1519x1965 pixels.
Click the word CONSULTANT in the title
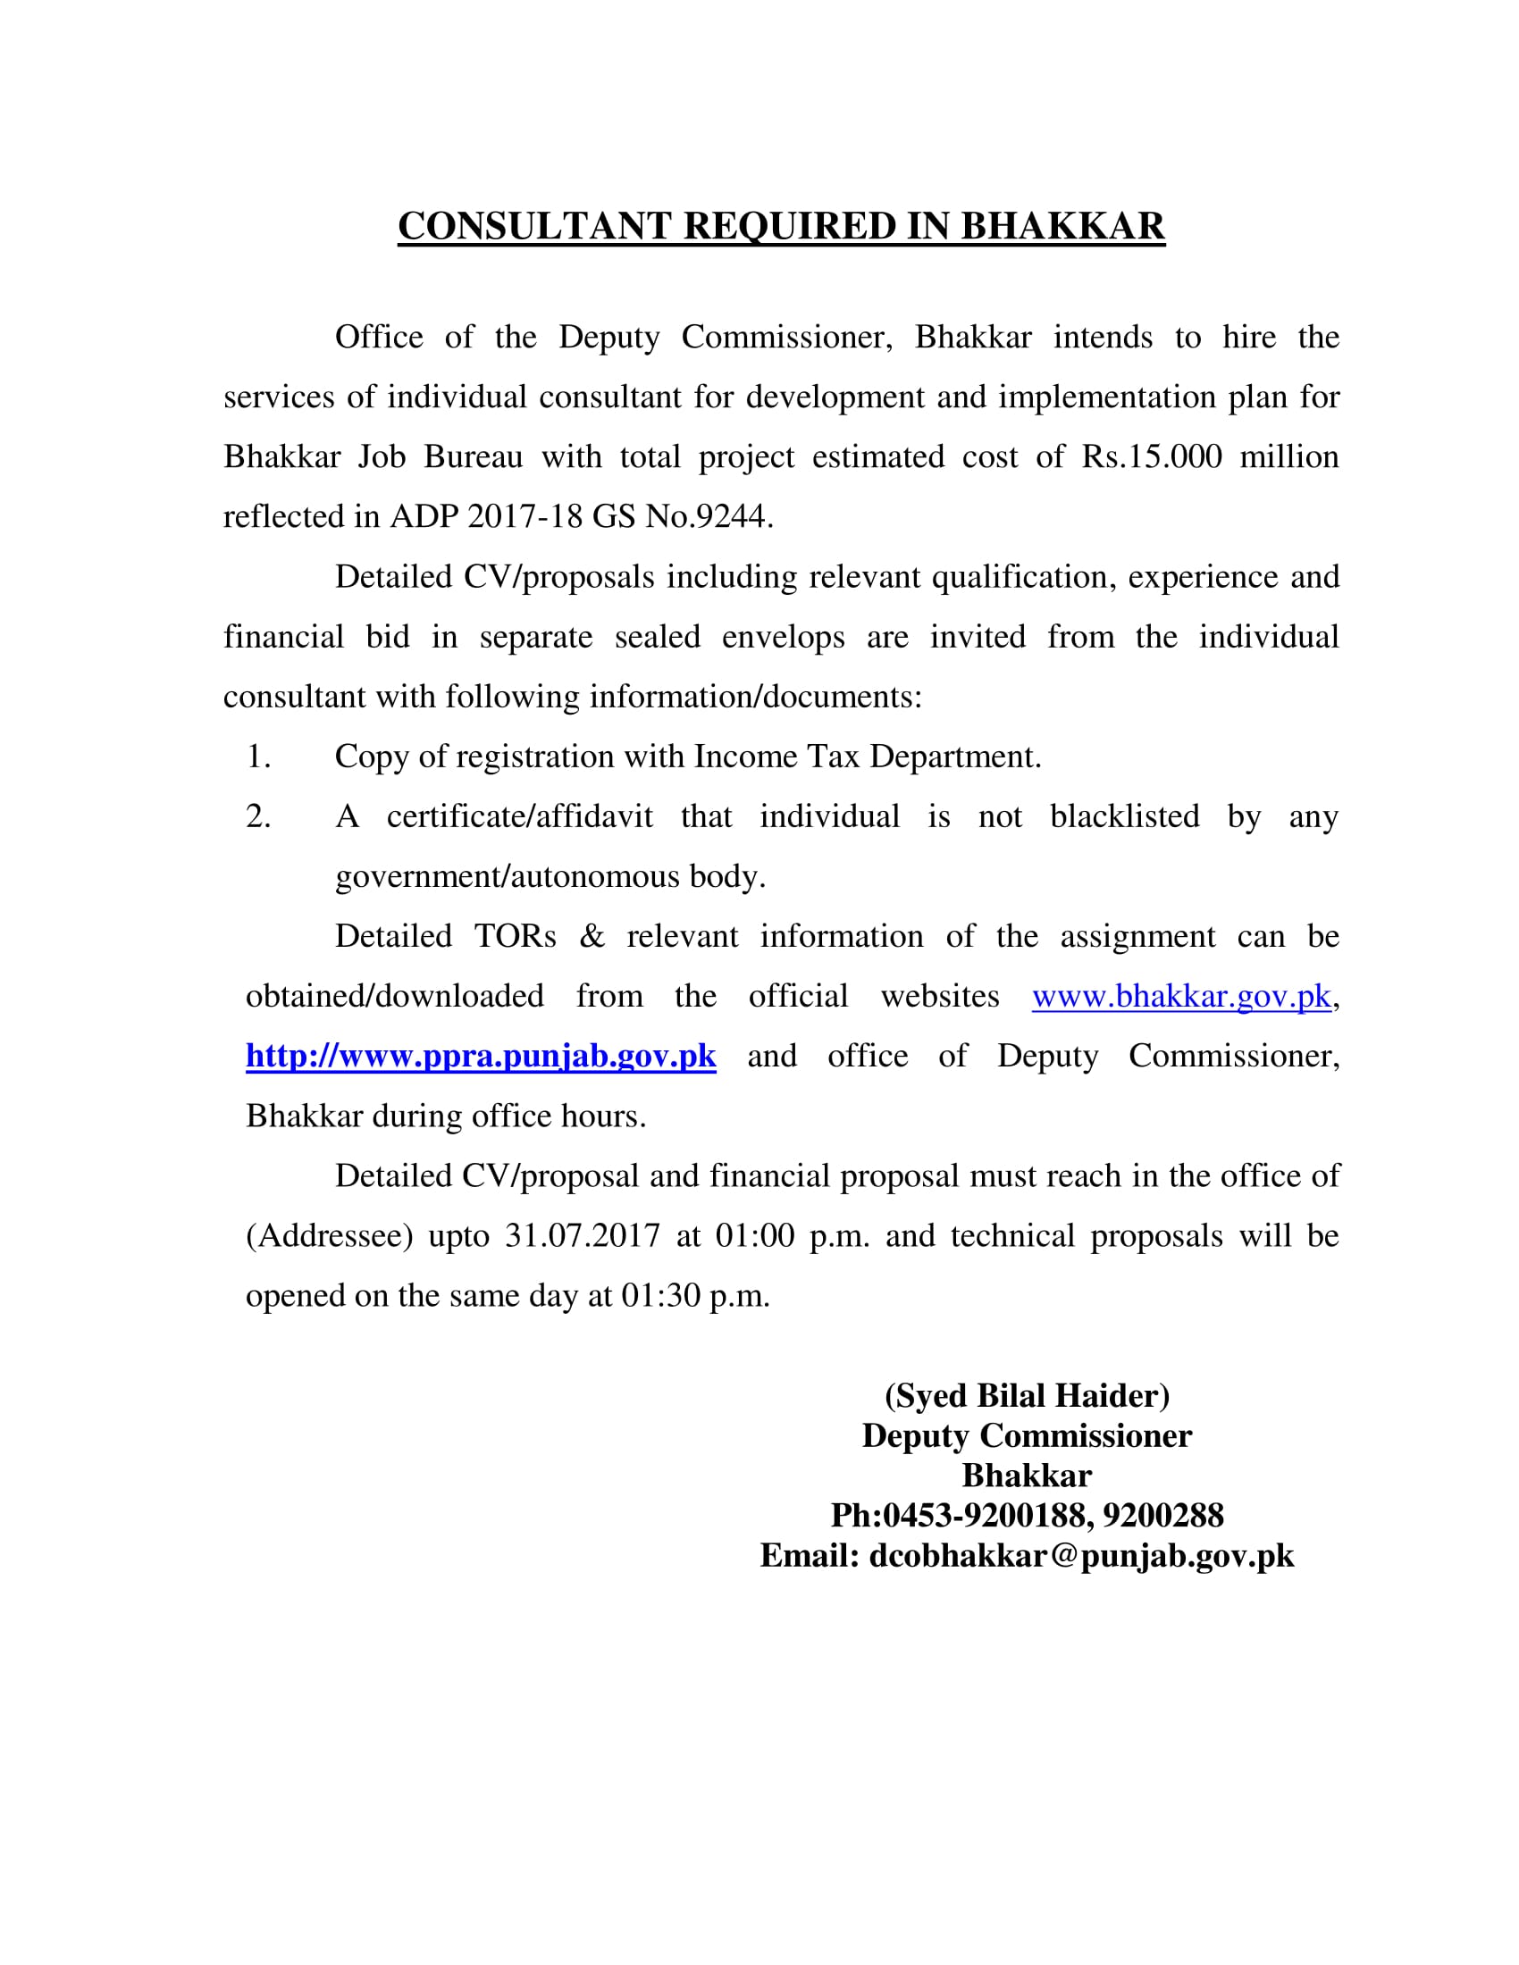(x=534, y=227)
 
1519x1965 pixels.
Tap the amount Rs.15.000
(x=1152, y=457)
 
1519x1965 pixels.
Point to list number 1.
(x=258, y=757)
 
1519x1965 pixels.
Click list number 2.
(x=258, y=817)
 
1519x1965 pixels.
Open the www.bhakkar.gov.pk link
(x=1180, y=997)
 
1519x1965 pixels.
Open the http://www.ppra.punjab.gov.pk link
(x=481, y=1057)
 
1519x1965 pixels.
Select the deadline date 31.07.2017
(x=583, y=1236)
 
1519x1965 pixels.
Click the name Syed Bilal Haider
(x=1027, y=1395)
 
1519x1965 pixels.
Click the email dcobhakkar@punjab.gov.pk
(x=1081, y=1556)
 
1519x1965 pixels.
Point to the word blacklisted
(x=1125, y=817)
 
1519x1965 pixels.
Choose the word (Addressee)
(x=330, y=1236)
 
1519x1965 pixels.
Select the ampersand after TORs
(x=592, y=937)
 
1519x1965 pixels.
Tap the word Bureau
(x=474, y=457)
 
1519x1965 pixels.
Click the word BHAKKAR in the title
(x=1062, y=227)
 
